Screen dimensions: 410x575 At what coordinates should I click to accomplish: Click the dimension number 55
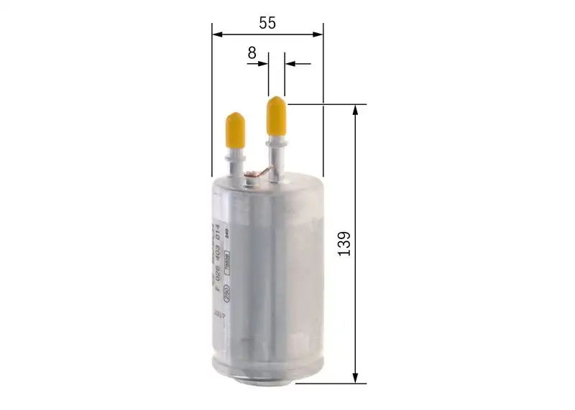[267, 22]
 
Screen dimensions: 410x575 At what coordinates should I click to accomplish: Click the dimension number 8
[252, 52]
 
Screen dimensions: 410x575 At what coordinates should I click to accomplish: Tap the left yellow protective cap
[235, 129]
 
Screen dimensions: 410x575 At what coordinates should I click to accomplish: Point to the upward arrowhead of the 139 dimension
[355, 110]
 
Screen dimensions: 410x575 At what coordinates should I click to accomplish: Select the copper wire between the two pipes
[258, 172]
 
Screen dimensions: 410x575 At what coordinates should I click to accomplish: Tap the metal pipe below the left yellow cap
[236, 162]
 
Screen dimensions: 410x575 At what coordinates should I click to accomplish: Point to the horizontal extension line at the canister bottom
[331, 383]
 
